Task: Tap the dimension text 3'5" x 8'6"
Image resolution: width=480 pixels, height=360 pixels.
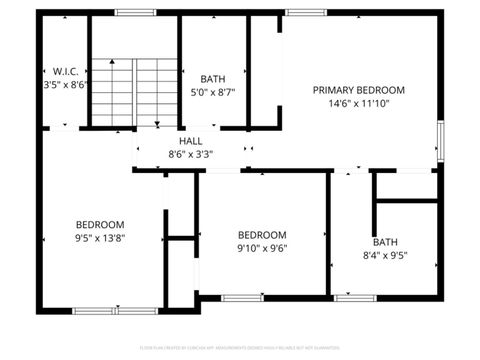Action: coord(61,86)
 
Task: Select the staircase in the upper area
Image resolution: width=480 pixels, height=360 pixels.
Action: coord(134,90)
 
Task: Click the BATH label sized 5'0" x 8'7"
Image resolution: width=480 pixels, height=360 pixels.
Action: coord(212,79)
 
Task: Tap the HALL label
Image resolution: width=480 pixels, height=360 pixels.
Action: coord(191,141)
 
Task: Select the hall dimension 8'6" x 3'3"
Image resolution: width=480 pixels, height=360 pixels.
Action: coord(191,154)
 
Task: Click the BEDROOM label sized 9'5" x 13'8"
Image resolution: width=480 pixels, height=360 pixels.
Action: coord(100,224)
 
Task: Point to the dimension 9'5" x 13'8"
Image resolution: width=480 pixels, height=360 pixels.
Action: coord(100,238)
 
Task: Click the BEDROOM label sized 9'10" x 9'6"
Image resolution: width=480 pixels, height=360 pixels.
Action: coord(262,234)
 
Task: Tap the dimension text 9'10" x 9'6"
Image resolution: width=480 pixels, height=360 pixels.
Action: coord(262,248)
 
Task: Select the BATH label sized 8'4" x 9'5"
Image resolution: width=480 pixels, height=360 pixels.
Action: coord(385,241)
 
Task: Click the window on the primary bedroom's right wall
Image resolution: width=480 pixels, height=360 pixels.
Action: coord(440,142)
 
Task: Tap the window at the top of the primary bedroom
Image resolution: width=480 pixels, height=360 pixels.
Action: coord(301,12)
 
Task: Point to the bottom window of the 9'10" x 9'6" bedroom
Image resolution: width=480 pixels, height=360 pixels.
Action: coord(242,297)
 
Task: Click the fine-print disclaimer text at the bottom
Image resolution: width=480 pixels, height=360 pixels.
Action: coord(240,347)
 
